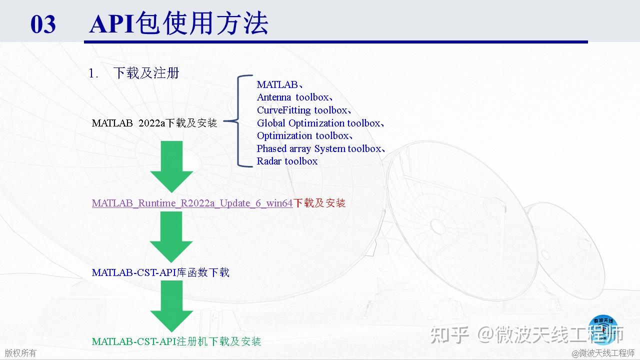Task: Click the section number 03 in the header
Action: click(x=43, y=24)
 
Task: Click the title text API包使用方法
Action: click(x=179, y=23)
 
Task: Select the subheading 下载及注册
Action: click(x=146, y=73)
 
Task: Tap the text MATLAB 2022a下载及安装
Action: click(x=154, y=123)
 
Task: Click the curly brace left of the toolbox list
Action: click(x=237, y=121)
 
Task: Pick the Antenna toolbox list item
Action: click(x=294, y=97)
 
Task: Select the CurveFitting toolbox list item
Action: click(x=303, y=110)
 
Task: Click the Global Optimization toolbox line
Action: click(x=320, y=123)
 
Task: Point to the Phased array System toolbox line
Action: click(x=321, y=148)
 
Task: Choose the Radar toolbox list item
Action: click(x=287, y=161)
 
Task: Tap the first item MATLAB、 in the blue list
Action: click(x=279, y=84)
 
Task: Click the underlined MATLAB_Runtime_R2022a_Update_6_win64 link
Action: click(x=192, y=203)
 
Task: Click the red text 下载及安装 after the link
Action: click(x=319, y=203)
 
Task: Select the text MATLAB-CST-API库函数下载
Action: click(x=160, y=272)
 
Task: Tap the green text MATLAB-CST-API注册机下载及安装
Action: click(x=176, y=341)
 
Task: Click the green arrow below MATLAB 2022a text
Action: click(x=171, y=167)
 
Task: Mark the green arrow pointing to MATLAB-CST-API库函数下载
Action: click(x=171, y=237)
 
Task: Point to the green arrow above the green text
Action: click(x=171, y=306)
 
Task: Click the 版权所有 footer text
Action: click(x=20, y=353)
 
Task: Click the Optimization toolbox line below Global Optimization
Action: click(x=304, y=135)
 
